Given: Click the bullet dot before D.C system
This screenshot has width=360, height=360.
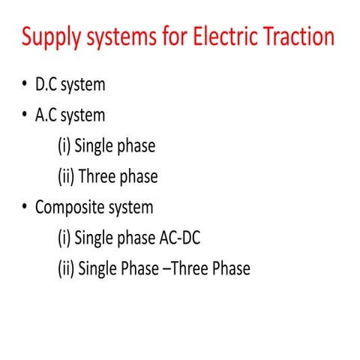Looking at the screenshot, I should pos(25,85).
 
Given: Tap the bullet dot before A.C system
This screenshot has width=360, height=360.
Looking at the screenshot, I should pos(25,115).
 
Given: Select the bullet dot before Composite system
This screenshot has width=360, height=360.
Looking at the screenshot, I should pos(25,207).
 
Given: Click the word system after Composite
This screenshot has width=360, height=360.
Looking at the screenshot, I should pos(131,208).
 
